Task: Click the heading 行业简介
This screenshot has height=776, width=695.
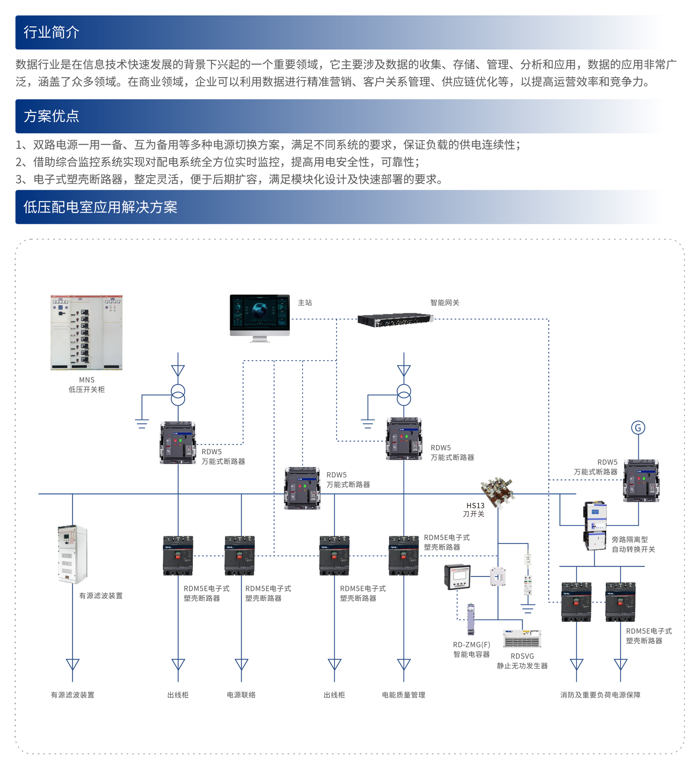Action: point(51,32)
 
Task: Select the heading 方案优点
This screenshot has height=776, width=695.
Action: point(51,116)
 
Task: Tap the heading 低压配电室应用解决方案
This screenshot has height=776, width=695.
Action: point(100,207)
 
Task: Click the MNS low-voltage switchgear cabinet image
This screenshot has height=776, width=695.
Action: point(86,332)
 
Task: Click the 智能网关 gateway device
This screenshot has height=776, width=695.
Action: point(395,320)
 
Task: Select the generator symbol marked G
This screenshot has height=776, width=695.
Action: point(638,428)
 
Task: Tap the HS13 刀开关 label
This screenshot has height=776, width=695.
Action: point(474,510)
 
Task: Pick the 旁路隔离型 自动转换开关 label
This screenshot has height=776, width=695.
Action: point(633,544)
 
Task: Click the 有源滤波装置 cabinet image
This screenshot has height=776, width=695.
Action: point(73,554)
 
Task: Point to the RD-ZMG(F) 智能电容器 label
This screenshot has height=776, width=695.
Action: point(471,649)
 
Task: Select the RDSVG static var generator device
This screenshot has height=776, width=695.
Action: point(522,638)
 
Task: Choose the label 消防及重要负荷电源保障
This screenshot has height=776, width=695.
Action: point(600,695)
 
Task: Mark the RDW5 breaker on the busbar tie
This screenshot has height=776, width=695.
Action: point(302,488)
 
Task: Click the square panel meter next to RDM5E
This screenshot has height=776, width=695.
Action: point(457,576)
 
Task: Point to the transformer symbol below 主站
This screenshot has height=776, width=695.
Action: point(178,395)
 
